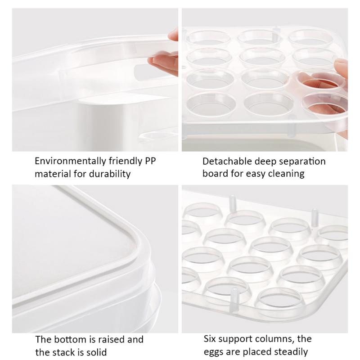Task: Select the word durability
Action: [108, 174]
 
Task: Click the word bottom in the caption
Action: [67, 339]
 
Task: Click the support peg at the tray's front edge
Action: [234, 299]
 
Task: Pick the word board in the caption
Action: [215, 174]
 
